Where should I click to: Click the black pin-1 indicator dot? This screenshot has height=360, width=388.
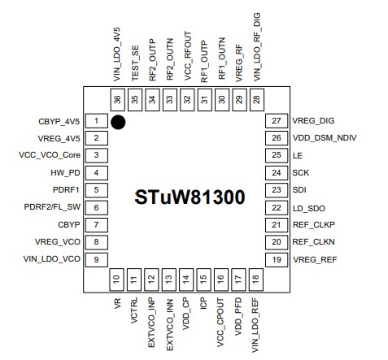point(118,122)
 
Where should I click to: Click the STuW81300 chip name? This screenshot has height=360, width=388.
point(190,197)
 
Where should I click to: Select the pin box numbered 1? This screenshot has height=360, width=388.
point(97,121)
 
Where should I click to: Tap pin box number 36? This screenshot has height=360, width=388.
point(118,100)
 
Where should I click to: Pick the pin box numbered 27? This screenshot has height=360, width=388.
point(277,121)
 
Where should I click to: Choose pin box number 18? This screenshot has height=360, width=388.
point(256,280)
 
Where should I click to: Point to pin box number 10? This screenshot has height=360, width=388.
point(116,280)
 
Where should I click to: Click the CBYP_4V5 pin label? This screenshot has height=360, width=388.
point(59,121)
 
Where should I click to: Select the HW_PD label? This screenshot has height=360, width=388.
point(65,173)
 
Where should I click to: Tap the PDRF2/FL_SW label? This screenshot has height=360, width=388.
point(52,207)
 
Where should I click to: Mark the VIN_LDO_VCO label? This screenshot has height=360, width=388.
point(52,259)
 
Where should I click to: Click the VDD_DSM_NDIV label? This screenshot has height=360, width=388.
point(325,138)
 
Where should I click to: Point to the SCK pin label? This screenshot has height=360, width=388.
point(301,173)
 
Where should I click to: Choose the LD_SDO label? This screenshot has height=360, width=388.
point(309,209)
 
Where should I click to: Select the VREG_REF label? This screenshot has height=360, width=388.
point(315,260)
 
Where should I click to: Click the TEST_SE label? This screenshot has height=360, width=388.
point(135,63)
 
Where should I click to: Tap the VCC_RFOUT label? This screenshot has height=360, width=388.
point(188,56)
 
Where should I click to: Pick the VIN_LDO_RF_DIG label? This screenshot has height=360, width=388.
point(256,47)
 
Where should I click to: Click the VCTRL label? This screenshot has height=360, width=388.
point(134,310)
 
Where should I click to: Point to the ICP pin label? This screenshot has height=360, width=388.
point(203,303)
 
